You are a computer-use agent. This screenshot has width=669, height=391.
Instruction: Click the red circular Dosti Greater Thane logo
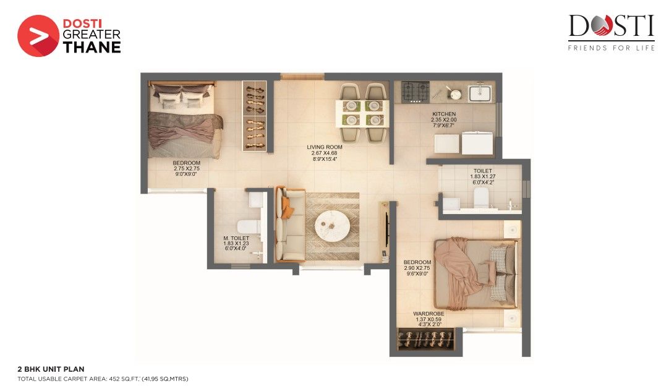coord(38,36)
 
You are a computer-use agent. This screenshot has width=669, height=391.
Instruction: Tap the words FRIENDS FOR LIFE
coord(611,48)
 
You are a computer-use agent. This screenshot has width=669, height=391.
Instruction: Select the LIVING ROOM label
coord(324,147)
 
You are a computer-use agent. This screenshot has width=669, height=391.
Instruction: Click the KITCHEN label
coord(444,114)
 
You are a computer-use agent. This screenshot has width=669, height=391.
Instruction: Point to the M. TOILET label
coord(236,238)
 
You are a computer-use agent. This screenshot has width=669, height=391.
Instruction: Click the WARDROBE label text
coord(429,314)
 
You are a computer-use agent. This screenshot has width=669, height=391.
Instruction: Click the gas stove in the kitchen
coord(415,91)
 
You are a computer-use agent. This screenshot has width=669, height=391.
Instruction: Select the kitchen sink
coord(480,93)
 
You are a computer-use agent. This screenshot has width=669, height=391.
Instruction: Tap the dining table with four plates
coord(362,113)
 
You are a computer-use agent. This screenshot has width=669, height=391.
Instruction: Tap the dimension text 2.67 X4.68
coord(324,153)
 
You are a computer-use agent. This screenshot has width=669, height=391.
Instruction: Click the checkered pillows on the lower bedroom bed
coord(498,273)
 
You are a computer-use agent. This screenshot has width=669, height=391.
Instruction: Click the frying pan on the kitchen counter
coord(454,93)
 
